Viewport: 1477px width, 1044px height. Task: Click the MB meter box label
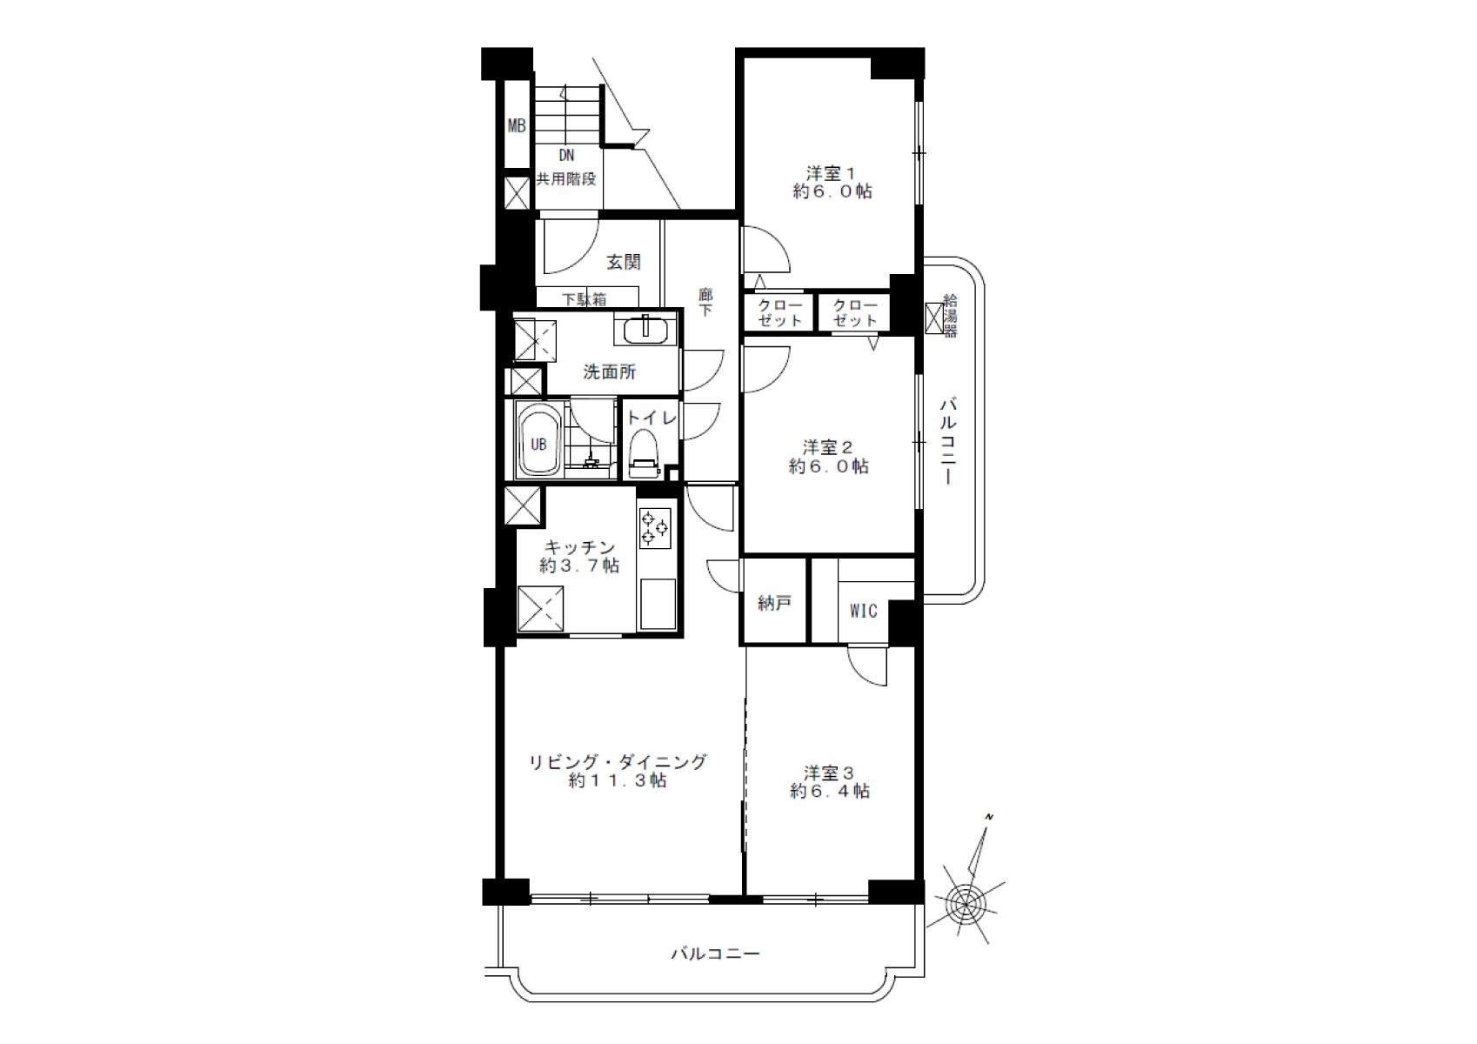point(517,125)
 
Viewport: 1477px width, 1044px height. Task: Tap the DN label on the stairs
point(566,156)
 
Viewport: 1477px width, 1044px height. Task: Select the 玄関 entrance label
point(623,262)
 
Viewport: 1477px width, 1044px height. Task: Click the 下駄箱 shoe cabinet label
point(584,299)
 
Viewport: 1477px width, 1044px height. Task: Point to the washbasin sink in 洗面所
point(646,329)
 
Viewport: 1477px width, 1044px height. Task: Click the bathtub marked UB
point(538,440)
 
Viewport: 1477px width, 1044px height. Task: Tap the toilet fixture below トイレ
point(645,453)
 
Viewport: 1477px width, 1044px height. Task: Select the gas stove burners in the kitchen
point(654,528)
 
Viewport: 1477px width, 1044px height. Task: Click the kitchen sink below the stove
point(658,604)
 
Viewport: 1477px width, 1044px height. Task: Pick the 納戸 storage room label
point(774,603)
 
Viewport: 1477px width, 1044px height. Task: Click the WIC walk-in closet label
point(863,612)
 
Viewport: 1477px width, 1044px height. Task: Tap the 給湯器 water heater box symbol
point(935,318)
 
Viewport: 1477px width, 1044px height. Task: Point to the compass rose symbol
point(966,900)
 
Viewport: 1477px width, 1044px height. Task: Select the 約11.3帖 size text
point(618,781)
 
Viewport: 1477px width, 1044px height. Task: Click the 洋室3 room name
point(829,773)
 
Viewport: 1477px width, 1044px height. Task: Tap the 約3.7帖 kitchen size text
point(579,565)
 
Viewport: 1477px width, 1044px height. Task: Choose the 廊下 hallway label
point(705,303)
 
